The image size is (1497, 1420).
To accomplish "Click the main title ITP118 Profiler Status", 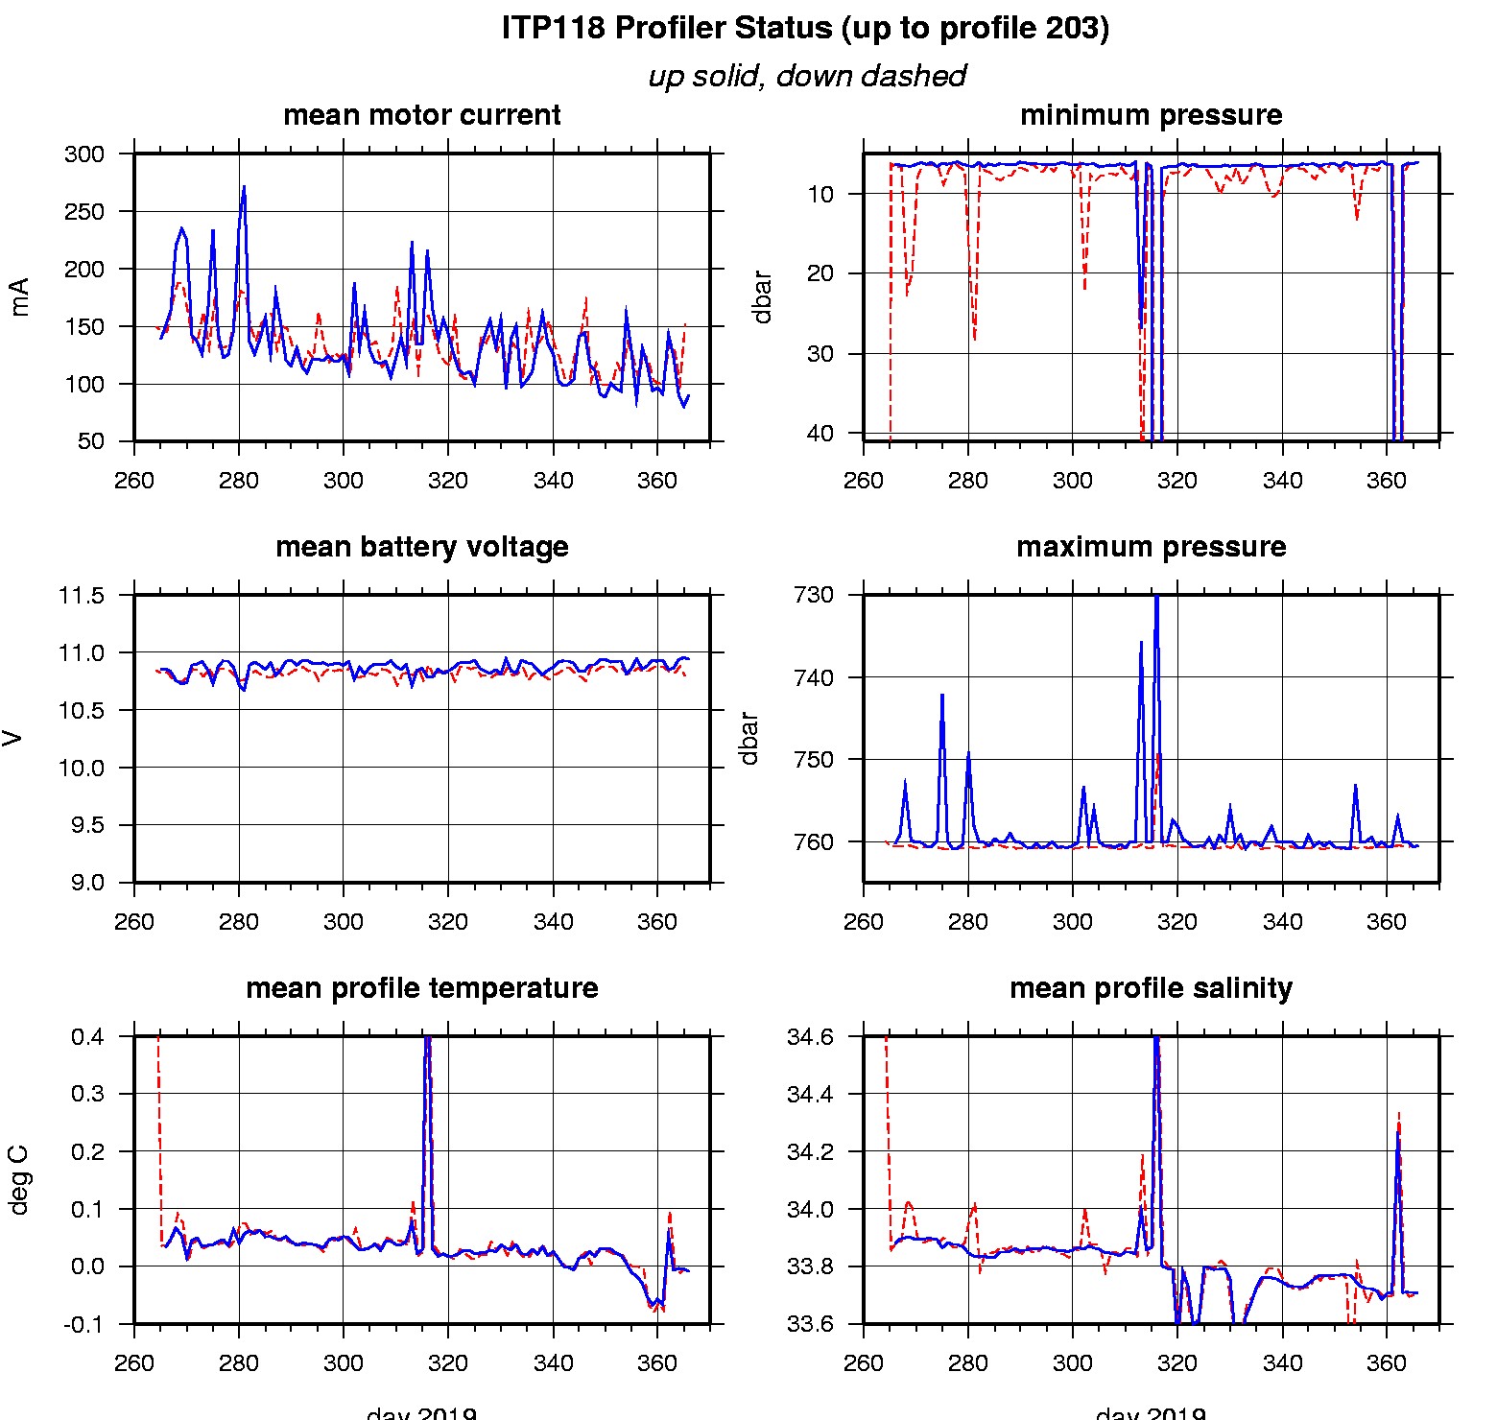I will [x=805, y=28].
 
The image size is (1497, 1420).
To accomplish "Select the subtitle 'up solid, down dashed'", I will [x=806, y=76].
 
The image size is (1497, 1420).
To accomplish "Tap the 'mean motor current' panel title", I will [x=421, y=115].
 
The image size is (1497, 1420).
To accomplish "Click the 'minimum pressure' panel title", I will [x=1151, y=115].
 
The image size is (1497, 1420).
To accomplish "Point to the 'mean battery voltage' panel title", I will [x=421, y=547].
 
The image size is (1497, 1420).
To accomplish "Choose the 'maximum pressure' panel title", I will [x=1151, y=547].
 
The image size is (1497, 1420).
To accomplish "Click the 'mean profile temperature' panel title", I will [x=421, y=988].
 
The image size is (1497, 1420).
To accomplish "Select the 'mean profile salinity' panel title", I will [x=1151, y=988].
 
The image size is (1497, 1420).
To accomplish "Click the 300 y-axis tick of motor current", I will [x=84, y=154].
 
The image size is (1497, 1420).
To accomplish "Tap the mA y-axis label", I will [x=19, y=296].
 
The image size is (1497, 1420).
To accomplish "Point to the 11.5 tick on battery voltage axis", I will [x=81, y=596].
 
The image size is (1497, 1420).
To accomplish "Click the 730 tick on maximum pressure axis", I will [x=813, y=595].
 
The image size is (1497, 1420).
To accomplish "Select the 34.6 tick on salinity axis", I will [x=810, y=1037].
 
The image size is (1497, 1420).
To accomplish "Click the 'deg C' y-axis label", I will [x=19, y=1180].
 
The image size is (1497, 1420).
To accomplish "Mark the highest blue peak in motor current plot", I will [x=244, y=188].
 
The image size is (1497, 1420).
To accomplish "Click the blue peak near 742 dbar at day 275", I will [x=942, y=696].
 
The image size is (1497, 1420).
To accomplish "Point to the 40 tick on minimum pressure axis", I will [x=820, y=434].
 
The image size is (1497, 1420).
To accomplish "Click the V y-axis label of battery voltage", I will [x=13, y=738].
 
